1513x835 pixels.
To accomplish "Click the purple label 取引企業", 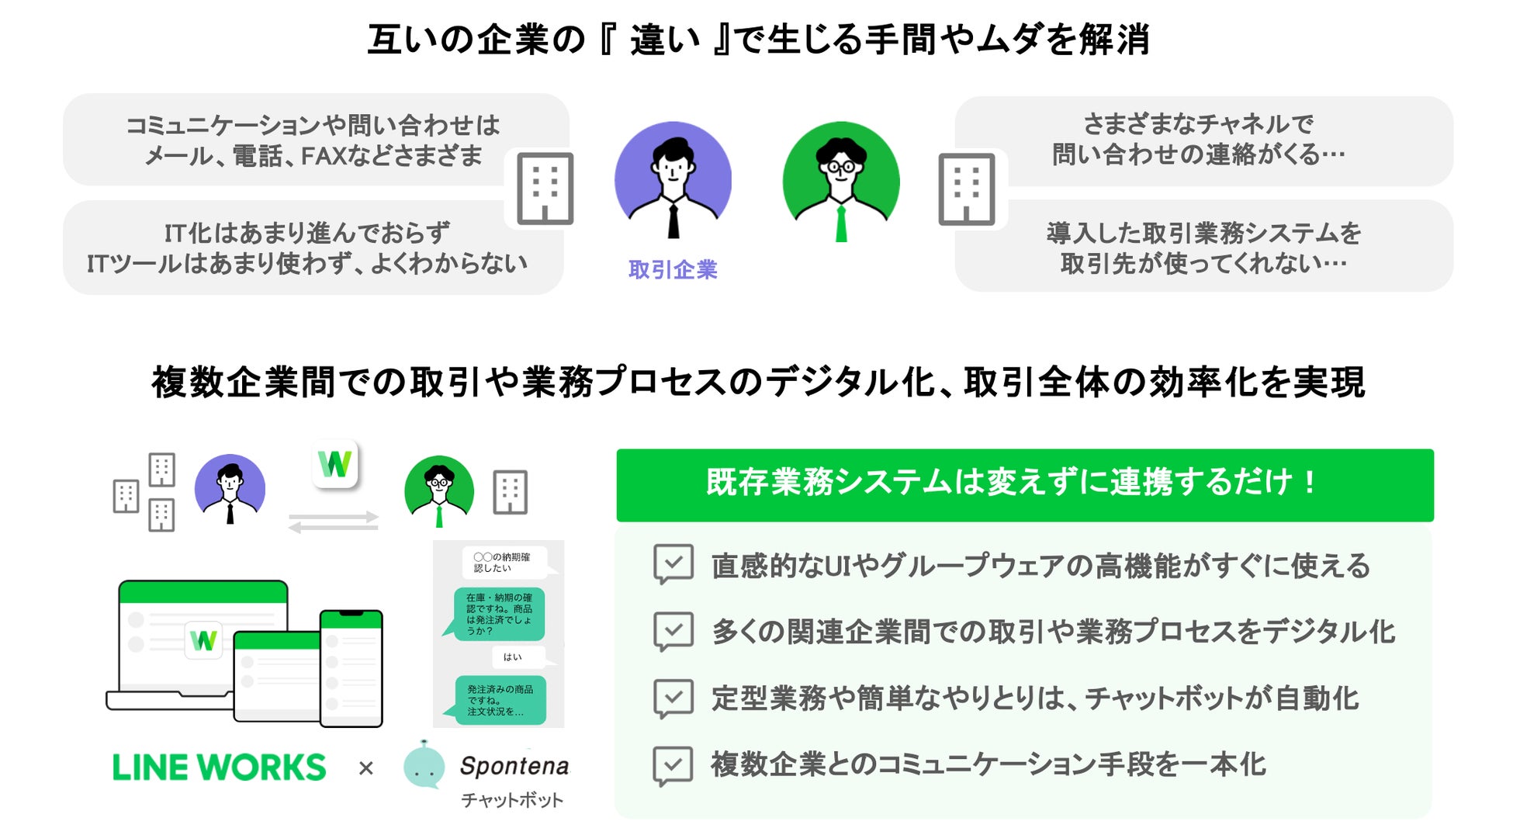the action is coord(673,269).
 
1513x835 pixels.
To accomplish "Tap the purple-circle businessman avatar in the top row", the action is coord(673,180).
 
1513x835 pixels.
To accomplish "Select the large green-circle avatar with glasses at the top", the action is coord(841,180).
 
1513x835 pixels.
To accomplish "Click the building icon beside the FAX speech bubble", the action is coord(545,189).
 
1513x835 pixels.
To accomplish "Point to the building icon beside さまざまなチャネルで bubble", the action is coord(967,189).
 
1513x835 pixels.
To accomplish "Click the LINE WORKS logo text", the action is coord(220,767).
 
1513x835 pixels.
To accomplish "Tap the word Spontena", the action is coord(514,766).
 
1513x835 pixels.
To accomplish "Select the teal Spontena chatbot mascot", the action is coord(424,764).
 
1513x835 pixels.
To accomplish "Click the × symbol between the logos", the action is coord(366,768).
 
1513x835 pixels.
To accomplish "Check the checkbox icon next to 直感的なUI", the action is coord(673,563).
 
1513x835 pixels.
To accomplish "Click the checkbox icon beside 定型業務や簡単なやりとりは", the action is coord(673,698).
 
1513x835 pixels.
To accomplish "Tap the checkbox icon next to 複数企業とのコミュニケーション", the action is coord(673,764).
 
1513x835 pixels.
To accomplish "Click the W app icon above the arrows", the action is coord(335,464).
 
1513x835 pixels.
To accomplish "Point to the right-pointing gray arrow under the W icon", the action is coord(334,516).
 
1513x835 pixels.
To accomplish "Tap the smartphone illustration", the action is coord(351,667).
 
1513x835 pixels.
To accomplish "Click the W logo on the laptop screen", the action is coord(203,640).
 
